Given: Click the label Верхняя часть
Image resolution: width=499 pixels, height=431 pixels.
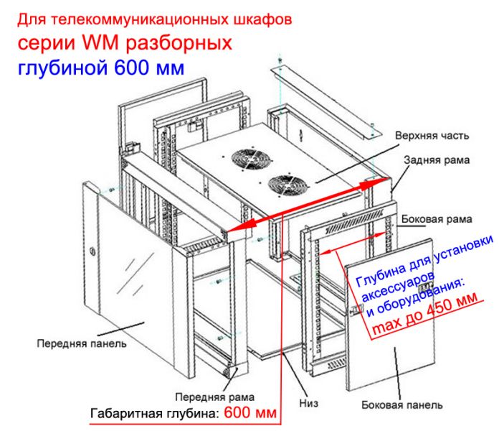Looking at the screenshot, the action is [x=432, y=136].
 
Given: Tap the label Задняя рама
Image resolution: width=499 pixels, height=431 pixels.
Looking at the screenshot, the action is [x=437, y=159].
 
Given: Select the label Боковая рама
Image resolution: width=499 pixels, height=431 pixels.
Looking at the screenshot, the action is [x=437, y=219].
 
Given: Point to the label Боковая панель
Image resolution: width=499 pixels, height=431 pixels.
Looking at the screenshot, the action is [x=402, y=405].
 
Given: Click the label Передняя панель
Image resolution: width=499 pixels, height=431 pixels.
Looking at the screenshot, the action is [x=82, y=343].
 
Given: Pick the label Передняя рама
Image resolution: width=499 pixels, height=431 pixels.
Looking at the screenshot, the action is [x=214, y=397].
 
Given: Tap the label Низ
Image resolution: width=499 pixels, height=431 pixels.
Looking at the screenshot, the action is [x=308, y=403].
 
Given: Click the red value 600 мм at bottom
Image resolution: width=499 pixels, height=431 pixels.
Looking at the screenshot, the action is [x=250, y=412].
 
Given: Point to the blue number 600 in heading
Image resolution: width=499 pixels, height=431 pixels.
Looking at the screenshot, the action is [x=132, y=68].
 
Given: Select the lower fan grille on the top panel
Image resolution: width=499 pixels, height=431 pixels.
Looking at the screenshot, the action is [x=288, y=185].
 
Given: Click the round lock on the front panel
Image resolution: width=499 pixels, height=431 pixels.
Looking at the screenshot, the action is [x=92, y=251].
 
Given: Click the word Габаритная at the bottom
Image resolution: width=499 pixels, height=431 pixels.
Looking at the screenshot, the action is [x=125, y=414].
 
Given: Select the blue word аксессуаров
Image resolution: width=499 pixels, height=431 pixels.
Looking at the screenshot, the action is [x=398, y=287].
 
